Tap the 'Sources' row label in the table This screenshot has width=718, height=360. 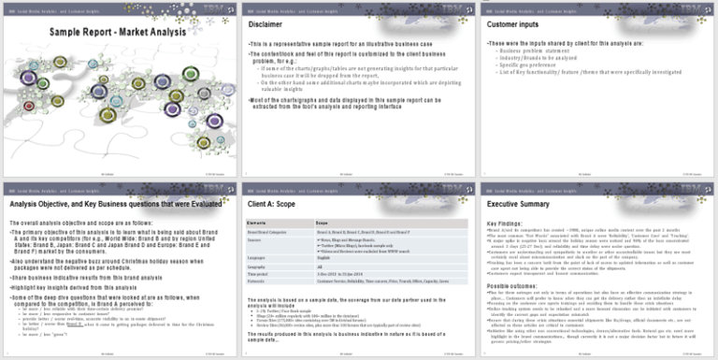[256, 238]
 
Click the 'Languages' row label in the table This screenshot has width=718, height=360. [259, 257]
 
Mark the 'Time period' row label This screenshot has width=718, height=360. [259, 273]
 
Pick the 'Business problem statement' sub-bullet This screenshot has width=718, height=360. [527, 50]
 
